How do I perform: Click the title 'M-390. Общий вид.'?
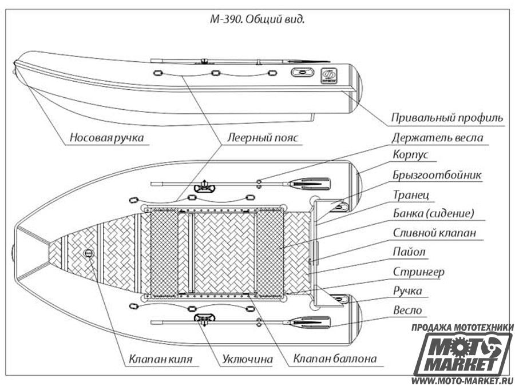click(257, 19)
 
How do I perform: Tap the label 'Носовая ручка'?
click(107, 137)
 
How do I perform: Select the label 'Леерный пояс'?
click(263, 137)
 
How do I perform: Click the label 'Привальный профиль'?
click(447, 117)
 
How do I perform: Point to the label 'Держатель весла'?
click(437, 137)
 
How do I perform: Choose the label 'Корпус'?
click(410, 155)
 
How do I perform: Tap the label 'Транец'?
click(411, 195)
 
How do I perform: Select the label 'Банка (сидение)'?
click(434, 214)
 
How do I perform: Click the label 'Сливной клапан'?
click(434, 233)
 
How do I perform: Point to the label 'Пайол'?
click(409, 252)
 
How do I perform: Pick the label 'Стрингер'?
click(419, 272)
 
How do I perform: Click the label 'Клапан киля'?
click(161, 359)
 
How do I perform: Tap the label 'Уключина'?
click(247, 359)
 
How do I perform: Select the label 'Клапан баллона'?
click(335, 359)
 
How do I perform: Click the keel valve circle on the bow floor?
click(89, 253)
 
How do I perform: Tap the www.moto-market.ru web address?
click(462, 381)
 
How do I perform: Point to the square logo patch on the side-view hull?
click(330, 75)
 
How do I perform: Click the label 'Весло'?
click(407, 310)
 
